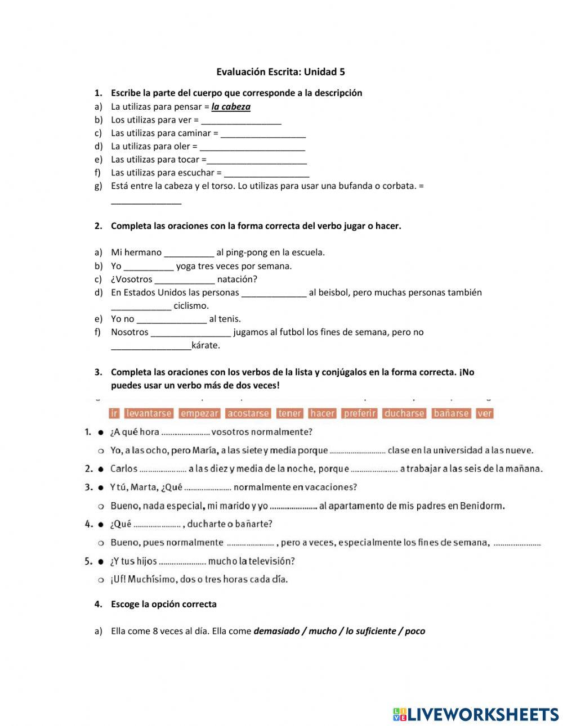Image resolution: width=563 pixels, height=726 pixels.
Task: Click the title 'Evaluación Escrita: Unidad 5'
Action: (280, 72)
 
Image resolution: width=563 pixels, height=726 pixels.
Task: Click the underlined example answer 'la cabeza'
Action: (231, 107)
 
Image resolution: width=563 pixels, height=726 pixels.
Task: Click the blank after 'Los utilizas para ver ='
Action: (241, 120)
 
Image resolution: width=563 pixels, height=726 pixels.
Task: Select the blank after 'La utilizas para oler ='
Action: (252, 147)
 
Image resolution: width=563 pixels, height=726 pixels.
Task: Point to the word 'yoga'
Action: (186, 266)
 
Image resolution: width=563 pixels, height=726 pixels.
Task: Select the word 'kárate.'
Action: (206, 346)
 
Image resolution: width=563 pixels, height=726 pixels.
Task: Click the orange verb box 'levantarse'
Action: (149, 413)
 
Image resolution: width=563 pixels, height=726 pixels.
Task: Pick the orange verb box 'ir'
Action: (114, 413)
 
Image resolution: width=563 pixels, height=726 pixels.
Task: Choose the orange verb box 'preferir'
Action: (360, 413)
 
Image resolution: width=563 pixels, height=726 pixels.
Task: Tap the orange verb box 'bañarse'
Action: (451, 413)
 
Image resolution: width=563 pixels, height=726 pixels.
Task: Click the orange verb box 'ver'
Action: (485, 413)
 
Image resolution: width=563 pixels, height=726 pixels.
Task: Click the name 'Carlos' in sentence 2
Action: (124, 469)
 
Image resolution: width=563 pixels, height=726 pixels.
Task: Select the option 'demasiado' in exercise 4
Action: (275, 632)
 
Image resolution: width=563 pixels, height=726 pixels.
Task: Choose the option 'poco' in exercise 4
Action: (415, 632)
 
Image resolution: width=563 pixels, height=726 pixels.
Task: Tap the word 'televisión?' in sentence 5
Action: (271, 561)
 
